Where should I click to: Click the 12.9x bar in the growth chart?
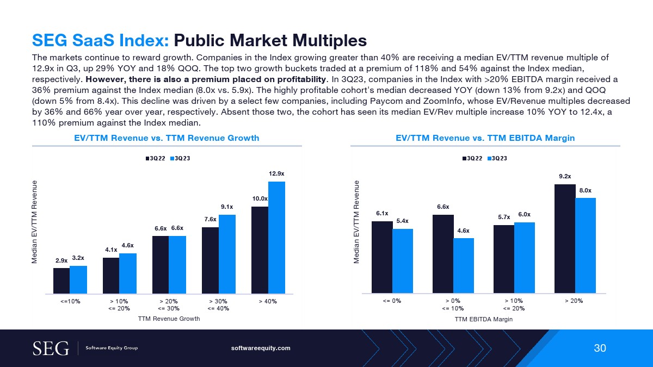point(276,238)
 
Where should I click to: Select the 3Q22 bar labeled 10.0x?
point(260,250)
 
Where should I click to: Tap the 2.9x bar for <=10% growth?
point(61,281)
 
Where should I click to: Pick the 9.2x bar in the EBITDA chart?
point(565,239)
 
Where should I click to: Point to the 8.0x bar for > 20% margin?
point(586,245)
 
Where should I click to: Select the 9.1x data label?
point(227,207)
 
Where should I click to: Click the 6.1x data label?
point(382,213)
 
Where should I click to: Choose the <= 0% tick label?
point(392,301)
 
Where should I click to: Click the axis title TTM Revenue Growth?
point(169,319)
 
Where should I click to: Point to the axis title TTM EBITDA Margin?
point(484,320)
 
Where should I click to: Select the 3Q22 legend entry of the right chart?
point(472,158)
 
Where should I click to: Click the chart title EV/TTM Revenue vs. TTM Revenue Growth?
point(167,138)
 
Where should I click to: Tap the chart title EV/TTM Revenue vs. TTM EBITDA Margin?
point(485,138)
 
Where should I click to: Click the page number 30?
point(600,349)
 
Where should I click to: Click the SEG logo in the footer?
point(51,348)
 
